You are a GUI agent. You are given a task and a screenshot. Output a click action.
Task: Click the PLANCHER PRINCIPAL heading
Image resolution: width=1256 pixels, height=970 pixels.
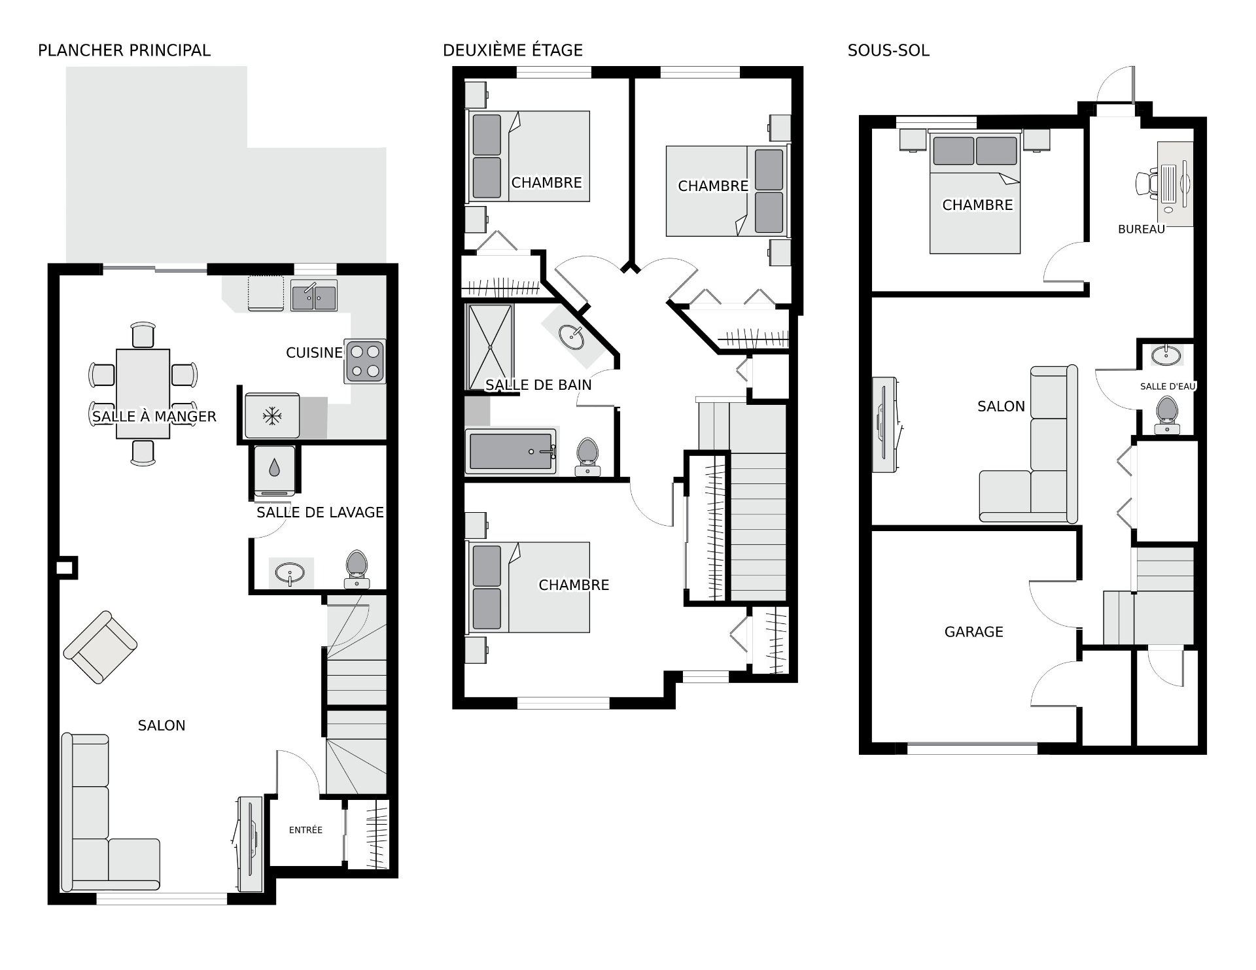(x=124, y=50)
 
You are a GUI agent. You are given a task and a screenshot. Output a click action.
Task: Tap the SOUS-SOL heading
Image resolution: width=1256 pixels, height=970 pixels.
(x=888, y=50)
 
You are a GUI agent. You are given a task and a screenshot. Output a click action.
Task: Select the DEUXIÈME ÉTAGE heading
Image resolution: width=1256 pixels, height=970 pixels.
(x=513, y=50)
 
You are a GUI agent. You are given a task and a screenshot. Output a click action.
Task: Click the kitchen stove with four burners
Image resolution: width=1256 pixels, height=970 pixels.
(x=365, y=361)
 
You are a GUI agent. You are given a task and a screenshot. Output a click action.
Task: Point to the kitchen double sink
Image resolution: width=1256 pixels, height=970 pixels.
(x=314, y=296)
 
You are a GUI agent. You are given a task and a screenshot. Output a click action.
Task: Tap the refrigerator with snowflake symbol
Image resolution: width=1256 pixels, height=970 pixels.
(x=272, y=415)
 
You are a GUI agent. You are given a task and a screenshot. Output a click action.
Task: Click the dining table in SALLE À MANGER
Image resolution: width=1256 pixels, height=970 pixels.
(x=143, y=394)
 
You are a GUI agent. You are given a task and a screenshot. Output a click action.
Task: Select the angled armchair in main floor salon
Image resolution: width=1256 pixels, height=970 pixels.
(x=100, y=647)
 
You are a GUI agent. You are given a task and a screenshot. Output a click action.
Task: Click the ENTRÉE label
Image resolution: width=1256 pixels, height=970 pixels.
(x=305, y=830)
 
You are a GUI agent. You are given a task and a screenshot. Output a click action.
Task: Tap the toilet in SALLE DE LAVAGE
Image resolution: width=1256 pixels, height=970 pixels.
(x=357, y=569)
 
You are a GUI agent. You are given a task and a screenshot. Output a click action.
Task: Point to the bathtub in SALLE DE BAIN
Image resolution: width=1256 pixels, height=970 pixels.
(x=511, y=451)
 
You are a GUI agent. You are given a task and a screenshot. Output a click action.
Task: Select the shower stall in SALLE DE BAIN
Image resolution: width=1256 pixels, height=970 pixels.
(x=490, y=347)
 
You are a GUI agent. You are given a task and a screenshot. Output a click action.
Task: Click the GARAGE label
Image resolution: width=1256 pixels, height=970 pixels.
(x=973, y=632)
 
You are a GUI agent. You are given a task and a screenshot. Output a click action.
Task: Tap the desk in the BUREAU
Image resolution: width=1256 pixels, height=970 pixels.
(x=1176, y=184)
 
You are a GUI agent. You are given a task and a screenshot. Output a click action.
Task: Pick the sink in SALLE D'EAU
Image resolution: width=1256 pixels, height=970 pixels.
(x=1166, y=356)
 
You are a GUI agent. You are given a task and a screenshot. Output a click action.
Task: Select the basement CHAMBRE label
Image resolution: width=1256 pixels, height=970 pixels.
(x=977, y=205)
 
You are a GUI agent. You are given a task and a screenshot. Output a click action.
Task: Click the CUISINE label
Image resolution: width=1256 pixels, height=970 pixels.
(x=315, y=353)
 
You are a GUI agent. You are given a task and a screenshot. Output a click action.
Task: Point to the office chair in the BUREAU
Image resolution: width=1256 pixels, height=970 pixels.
(x=1146, y=183)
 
